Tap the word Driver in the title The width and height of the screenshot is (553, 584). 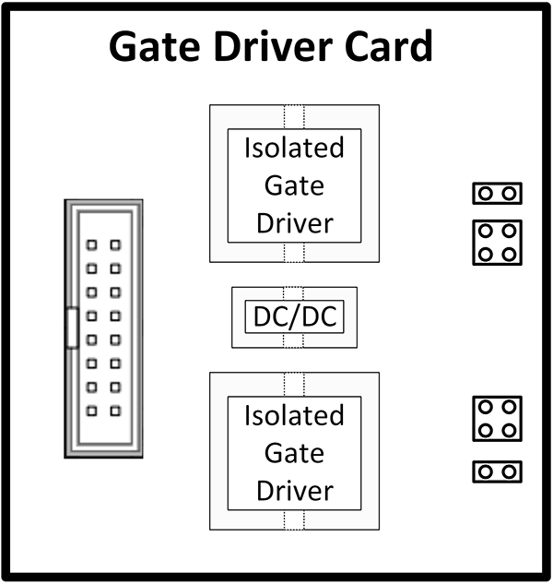[281, 46]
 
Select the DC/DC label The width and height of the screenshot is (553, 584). [294, 318]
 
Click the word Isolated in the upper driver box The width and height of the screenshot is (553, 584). [294, 148]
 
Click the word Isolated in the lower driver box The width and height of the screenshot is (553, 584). [294, 415]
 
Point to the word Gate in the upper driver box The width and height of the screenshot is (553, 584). [294, 185]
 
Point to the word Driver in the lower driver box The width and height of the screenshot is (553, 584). [294, 490]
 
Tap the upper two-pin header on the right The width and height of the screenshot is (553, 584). [498, 193]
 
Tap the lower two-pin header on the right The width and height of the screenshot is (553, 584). [498, 471]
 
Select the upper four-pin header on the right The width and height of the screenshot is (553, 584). [498, 243]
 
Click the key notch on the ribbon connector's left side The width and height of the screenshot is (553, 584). [71, 329]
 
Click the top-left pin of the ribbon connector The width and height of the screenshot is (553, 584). [92, 245]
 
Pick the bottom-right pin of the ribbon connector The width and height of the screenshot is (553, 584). [115, 411]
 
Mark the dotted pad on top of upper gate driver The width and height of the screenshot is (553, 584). [294, 117]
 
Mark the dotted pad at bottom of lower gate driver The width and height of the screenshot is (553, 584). [294, 519]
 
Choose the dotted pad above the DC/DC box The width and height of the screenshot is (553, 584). [294, 293]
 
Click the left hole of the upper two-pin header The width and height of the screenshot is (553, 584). [488, 193]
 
